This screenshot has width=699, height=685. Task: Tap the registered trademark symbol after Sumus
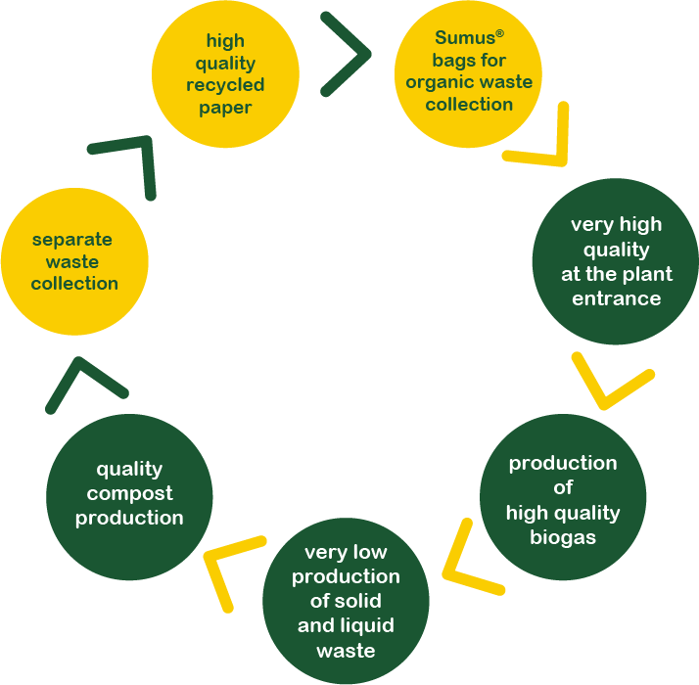click(499, 33)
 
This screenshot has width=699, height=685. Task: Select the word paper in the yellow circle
click(225, 108)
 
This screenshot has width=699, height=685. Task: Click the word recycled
click(225, 85)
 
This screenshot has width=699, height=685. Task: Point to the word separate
click(72, 240)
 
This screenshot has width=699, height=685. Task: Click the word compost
click(128, 493)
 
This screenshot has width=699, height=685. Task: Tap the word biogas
click(563, 537)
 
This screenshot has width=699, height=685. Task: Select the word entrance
click(617, 298)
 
